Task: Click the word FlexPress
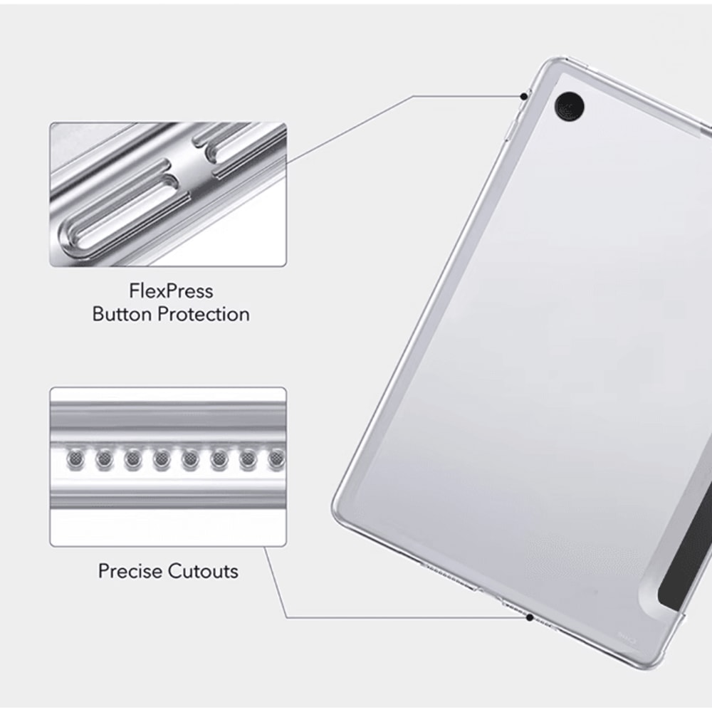coord(171,291)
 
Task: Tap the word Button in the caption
coord(122,314)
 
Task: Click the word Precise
coord(131,571)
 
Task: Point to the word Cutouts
coord(204,571)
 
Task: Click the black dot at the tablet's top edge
coord(525,95)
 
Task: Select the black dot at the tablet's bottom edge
coord(530,617)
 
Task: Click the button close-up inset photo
coord(168,194)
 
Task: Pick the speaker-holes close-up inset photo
coord(168,466)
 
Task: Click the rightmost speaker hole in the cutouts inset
coord(275,461)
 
